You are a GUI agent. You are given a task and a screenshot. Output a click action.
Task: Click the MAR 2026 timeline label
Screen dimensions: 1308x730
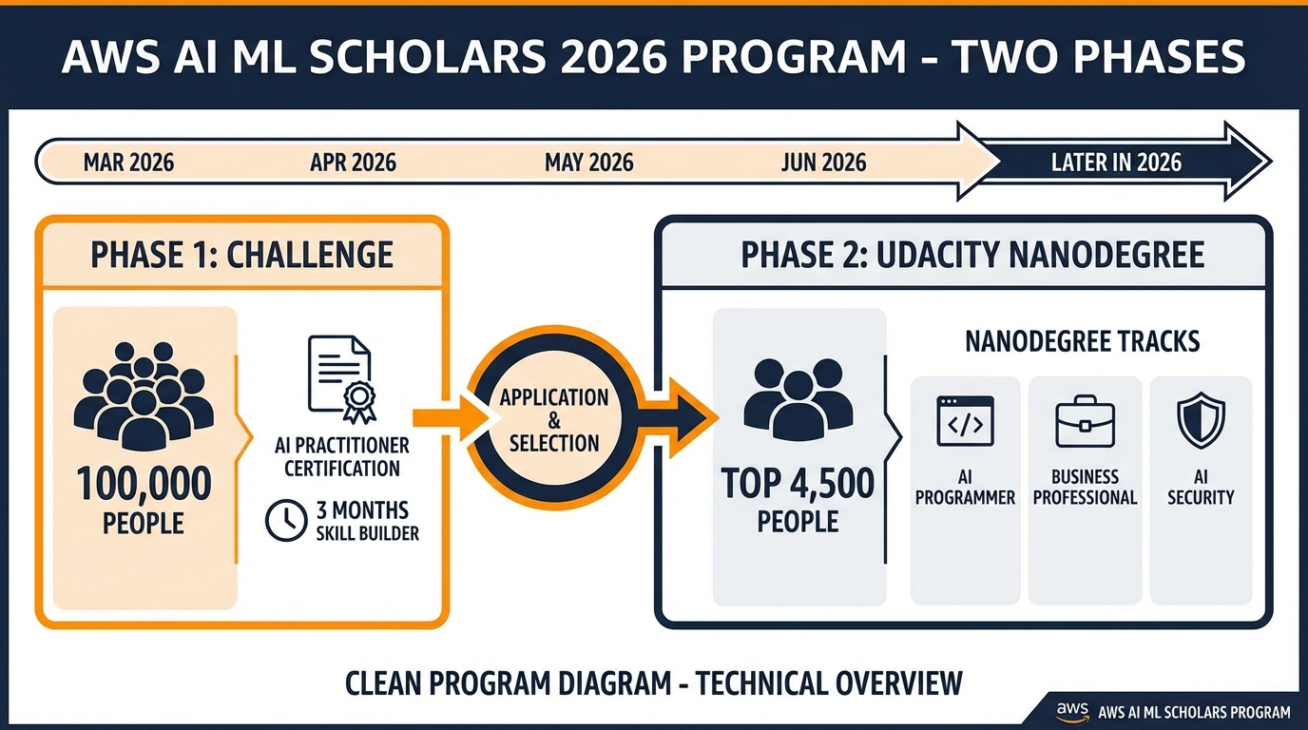coord(128,163)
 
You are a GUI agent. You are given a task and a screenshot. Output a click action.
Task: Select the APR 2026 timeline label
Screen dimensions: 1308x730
coord(353,163)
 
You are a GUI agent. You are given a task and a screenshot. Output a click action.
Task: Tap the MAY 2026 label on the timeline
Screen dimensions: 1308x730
coord(588,163)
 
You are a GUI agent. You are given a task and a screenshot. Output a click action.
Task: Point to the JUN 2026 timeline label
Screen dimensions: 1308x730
coord(823,163)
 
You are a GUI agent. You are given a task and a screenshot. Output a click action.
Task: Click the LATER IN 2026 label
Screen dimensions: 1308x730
coord(1116,163)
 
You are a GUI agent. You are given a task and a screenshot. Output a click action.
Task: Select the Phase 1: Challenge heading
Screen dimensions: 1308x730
coord(241,255)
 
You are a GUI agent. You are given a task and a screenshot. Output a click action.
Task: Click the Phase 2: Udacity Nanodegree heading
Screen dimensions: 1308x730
coord(972,255)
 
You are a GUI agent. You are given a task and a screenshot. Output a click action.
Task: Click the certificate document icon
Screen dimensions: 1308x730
coord(341,378)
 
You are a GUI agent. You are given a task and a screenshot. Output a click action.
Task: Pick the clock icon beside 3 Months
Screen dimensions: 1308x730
coord(286,520)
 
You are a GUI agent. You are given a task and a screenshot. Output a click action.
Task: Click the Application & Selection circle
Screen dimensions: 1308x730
coord(554,419)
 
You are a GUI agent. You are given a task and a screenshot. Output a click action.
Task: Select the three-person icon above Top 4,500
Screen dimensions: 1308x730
coord(798,399)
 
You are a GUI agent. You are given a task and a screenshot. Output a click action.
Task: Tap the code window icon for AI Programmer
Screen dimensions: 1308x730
coord(965,421)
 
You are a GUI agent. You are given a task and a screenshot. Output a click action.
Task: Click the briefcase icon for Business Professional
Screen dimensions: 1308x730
coord(1085,421)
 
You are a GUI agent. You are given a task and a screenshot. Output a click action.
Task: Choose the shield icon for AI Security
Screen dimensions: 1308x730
coord(1201,420)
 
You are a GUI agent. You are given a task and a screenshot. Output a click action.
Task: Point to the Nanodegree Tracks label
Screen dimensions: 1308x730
coord(1082,341)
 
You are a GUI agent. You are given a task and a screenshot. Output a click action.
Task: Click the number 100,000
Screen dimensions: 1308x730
coord(144,484)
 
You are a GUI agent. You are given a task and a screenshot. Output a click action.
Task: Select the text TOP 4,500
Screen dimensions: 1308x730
coord(798,484)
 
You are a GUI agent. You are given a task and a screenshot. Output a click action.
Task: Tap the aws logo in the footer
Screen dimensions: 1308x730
coord(1072,712)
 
